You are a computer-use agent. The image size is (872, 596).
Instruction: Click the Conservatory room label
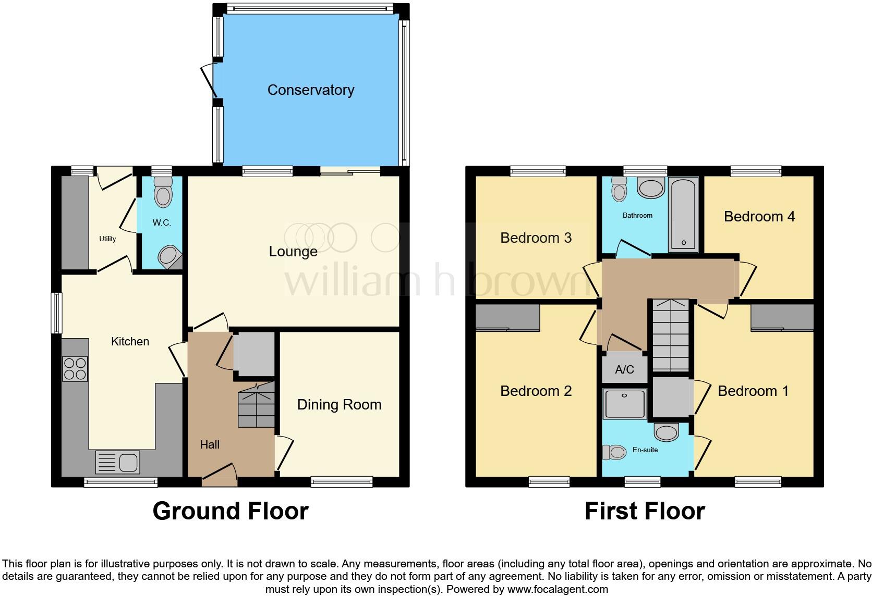311,90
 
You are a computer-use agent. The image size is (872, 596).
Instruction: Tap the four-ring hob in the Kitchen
75,368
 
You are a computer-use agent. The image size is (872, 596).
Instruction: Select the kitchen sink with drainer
118,462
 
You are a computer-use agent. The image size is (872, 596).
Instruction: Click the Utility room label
107,239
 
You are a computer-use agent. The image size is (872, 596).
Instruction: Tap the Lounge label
293,252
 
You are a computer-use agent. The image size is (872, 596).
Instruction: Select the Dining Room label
339,405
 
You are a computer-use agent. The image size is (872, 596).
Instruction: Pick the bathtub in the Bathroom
683,215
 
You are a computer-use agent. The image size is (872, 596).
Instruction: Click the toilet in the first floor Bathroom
619,190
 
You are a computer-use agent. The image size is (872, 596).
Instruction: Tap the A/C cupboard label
624,370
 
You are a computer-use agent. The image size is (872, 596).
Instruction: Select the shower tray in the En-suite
625,404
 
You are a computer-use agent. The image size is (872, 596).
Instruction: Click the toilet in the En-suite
614,452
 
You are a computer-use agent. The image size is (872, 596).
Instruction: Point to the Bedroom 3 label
536,238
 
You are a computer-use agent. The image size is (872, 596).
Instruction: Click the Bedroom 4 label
759,217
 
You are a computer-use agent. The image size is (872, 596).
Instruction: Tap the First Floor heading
645,511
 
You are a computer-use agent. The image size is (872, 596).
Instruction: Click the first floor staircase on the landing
671,336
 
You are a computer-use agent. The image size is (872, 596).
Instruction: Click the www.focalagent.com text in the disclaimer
558,590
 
